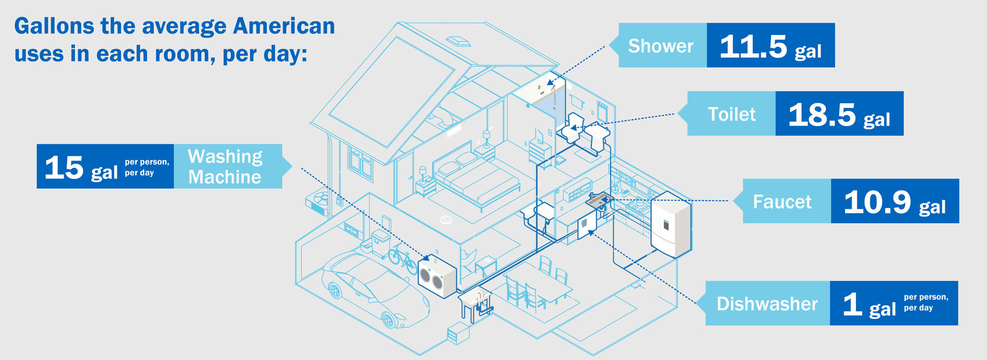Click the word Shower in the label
(x=661, y=46)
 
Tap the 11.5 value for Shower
(x=753, y=46)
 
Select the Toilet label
(x=732, y=114)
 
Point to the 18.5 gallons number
(x=821, y=114)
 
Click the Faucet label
(x=782, y=202)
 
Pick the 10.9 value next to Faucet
(x=877, y=202)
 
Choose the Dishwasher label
(x=767, y=304)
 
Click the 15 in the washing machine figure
(x=64, y=167)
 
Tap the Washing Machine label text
(x=225, y=167)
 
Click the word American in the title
(x=284, y=26)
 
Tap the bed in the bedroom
(x=476, y=177)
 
